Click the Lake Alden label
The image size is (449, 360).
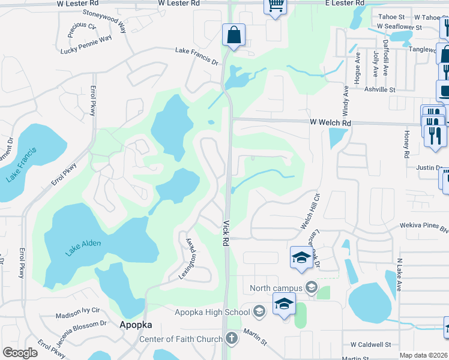pyautogui.click(x=83, y=247)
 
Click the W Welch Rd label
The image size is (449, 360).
pyautogui.click(x=330, y=122)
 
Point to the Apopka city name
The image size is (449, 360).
pyautogui.click(x=136, y=325)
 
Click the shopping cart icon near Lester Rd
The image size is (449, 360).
pyautogui.click(x=275, y=7)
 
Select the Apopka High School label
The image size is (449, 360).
pyautogui.click(x=212, y=311)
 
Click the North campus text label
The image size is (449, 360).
pyautogui.click(x=276, y=289)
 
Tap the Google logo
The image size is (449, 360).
pyautogui.click(x=20, y=353)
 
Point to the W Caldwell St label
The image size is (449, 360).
pyautogui.click(x=370, y=345)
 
